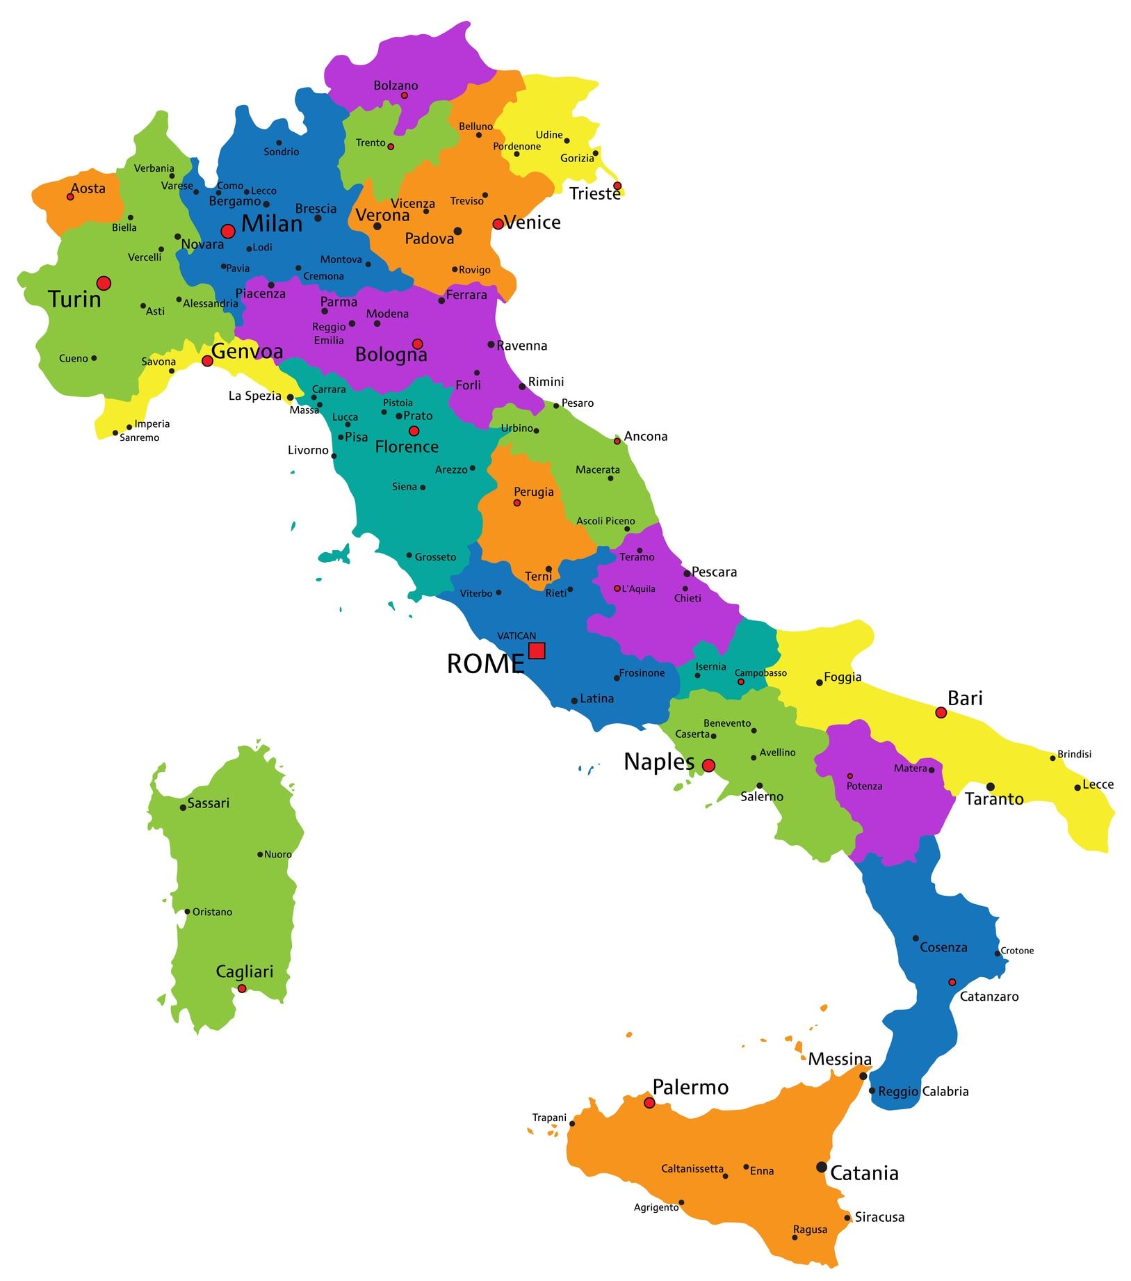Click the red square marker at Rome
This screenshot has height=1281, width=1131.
(x=537, y=651)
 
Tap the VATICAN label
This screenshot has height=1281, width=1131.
(x=516, y=636)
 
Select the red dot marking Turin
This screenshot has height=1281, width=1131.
(x=104, y=283)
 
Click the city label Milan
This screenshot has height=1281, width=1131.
(x=272, y=224)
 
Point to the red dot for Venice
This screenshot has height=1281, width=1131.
(x=498, y=224)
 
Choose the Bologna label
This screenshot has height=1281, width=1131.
(x=391, y=355)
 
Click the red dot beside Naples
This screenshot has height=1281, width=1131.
(x=708, y=766)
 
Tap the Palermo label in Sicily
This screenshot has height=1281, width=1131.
(x=690, y=1087)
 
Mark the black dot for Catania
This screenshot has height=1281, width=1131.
(x=822, y=1167)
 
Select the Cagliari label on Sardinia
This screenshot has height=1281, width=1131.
(x=245, y=972)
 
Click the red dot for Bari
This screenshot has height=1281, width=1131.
(x=941, y=713)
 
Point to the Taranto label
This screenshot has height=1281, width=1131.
(x=994, y=799)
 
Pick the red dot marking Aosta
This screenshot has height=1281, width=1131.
(x=70, y=197)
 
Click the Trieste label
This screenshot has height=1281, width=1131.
(x=594, y=194)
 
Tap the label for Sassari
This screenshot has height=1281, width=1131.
(x=208, y=803)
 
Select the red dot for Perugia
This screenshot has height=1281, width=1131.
(x=516, y=503)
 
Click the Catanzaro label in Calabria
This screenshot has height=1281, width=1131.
(x=988, y=997)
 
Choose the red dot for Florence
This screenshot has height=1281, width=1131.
(x=414, y=431)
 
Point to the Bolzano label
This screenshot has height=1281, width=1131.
(x=396, y=86)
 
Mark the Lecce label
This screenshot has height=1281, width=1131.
(x=1098, y=784)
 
